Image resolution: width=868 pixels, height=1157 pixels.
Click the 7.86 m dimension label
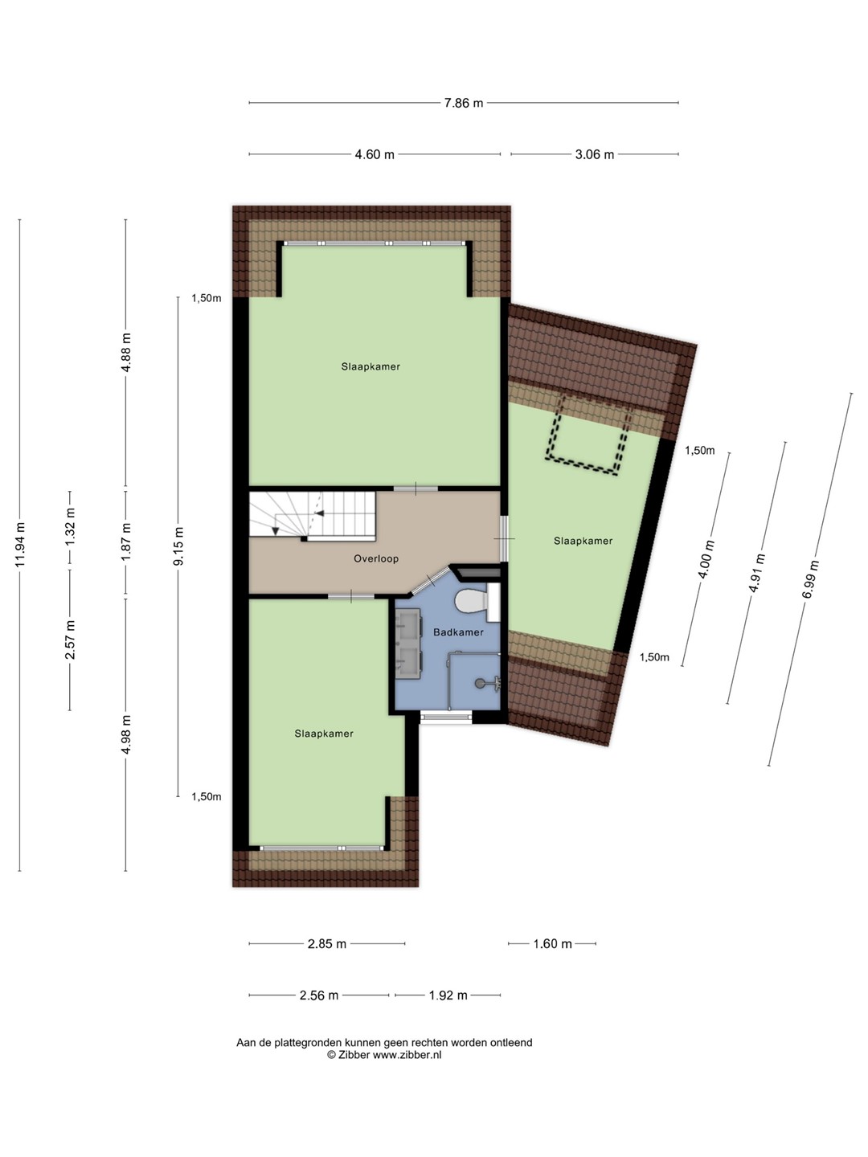point(463,103)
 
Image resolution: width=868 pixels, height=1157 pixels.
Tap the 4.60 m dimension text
point(375,154)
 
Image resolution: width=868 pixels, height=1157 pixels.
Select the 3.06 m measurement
point(594,154)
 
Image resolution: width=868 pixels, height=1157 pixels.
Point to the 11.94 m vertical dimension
point(20,545)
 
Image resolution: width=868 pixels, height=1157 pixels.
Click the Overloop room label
point(376,558)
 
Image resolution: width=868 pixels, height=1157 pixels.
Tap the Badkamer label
point(458,632)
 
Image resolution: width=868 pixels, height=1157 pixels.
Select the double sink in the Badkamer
point(408,644)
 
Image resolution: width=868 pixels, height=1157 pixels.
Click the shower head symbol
point(487,683)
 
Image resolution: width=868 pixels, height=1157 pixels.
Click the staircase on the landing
point(312,516)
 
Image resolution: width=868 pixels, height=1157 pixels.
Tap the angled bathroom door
point(431,581)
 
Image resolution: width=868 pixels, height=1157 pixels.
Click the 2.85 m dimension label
point(327,943)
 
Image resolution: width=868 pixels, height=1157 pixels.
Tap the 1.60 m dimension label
point(552,943)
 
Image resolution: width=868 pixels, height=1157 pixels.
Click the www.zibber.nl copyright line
point(384,1055)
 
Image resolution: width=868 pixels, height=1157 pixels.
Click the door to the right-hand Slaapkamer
point(505,538)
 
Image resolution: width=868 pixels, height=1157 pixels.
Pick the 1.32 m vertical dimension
point(70,527)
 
